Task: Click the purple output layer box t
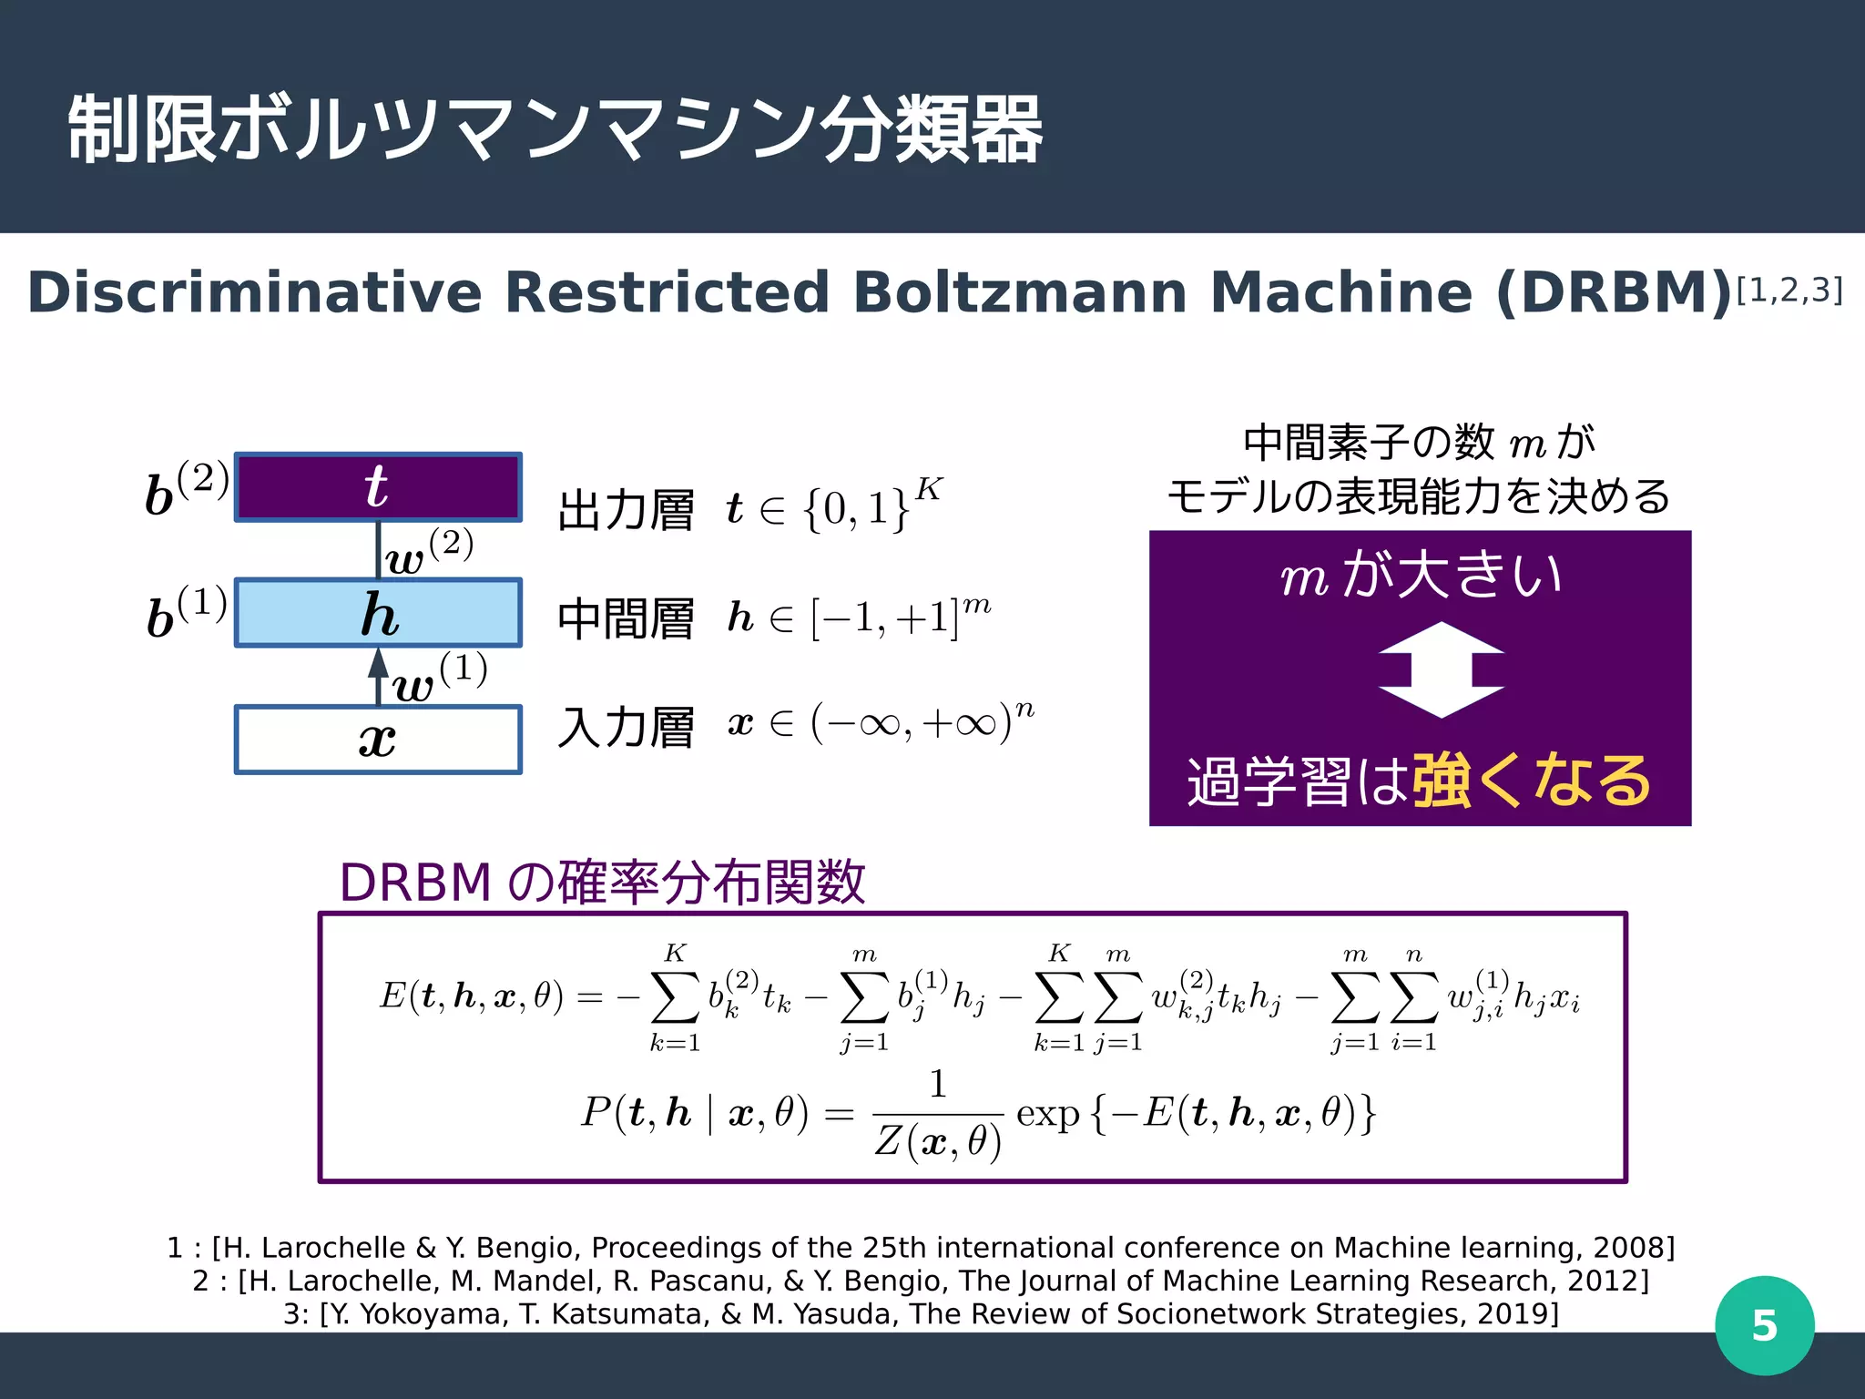[x=378, y=487]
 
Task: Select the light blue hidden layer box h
[x=378, y=613]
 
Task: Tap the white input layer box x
[x=378, y=740]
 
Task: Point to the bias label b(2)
[x=187, y=489]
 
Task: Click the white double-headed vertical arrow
[x=1441, y=670]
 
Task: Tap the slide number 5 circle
[x=1764, y=1325]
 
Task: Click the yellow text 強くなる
[x=1532, y=781]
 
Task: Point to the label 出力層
[x=626, y=510]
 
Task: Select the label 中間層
[x=626, y=619]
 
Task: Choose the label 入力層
[x=626, y=728]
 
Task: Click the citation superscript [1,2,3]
[x=1789, y=291]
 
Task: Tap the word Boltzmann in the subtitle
[x=1021, y=292]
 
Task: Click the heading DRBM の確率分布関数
[x=602, y=882]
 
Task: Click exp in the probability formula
[x=1047, y=1114]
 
